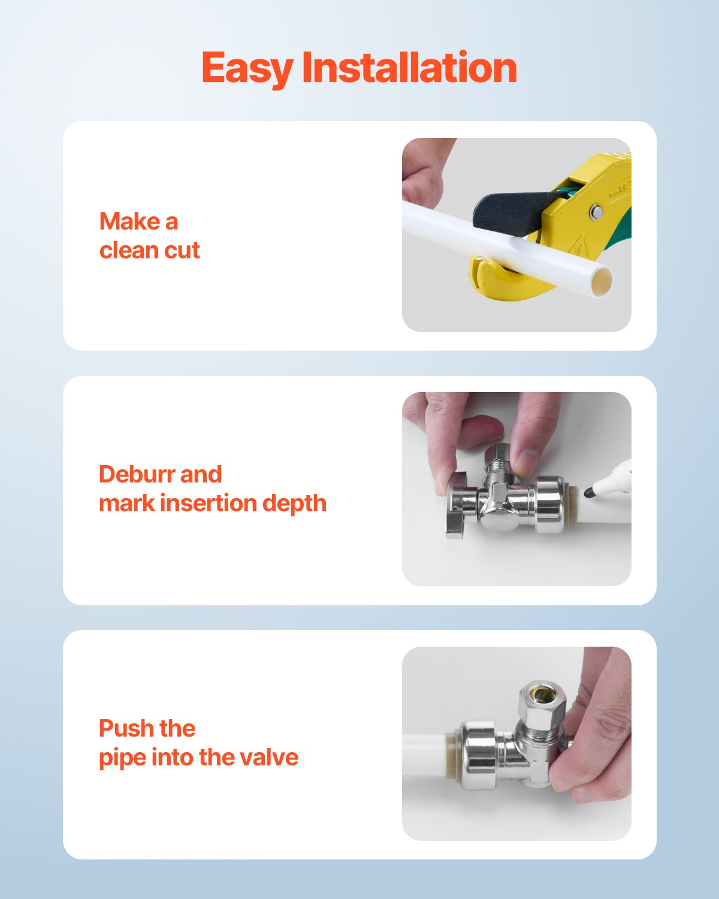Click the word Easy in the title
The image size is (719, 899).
247,69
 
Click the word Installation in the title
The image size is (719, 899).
409,67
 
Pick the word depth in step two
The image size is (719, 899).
294,504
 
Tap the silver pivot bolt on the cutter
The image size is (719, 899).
596,212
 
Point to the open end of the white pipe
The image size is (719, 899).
602,282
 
